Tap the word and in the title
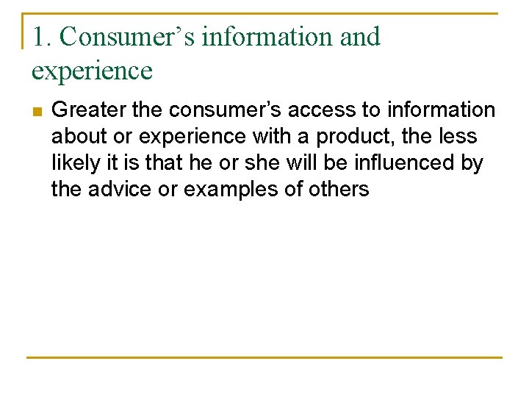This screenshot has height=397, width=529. (360, 37)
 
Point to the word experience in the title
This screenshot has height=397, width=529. (92, 71)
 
